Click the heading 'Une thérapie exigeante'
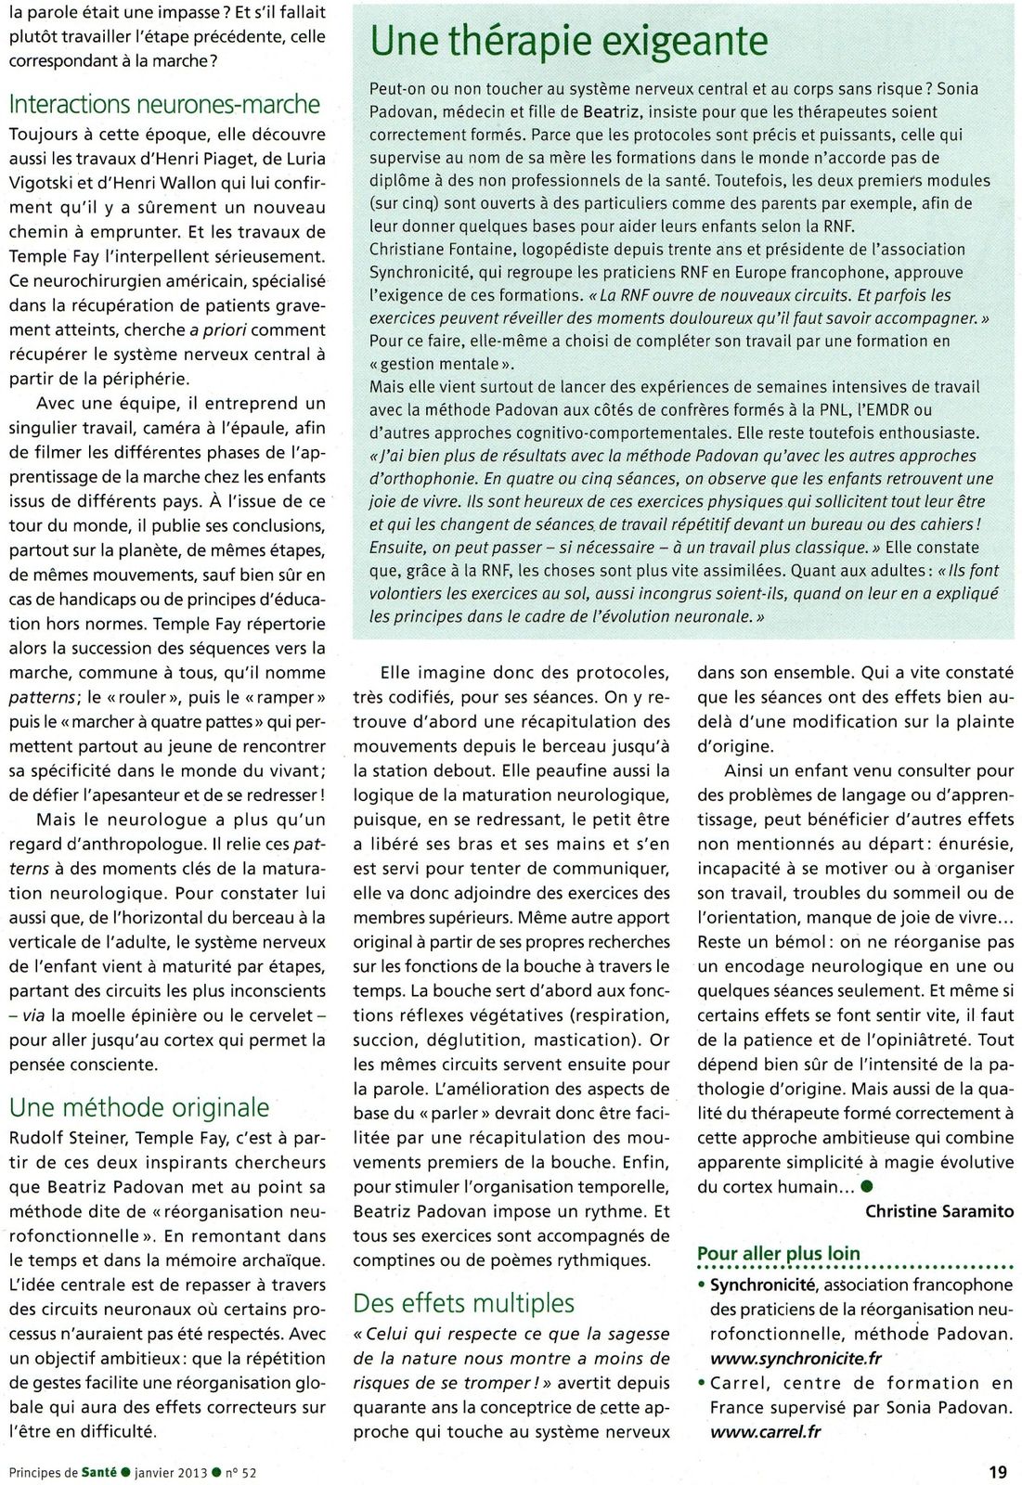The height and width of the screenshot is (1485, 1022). [x=568, y=41]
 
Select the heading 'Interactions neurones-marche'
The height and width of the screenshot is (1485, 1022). [x=164, y=104]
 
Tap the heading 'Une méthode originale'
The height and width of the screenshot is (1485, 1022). [x=138, y=1106]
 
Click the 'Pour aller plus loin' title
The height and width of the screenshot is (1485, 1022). [x=778, y=1253]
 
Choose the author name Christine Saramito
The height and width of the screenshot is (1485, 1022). [x=938, y=1210]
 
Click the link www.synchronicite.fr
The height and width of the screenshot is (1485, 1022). [x=796, y=1358]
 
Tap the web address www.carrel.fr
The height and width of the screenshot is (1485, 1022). [x=766, y=1431]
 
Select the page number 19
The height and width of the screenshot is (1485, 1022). [x=998, y=1471]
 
